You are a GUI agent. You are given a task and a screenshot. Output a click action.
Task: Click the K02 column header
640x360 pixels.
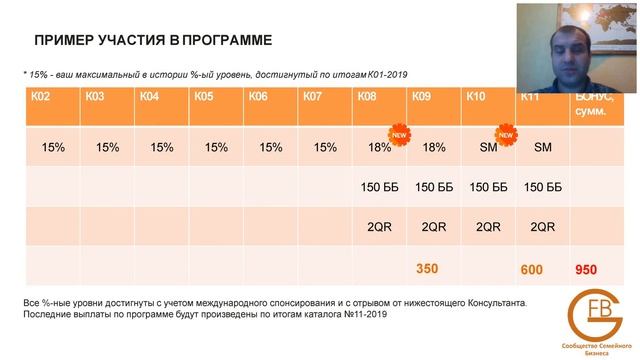tap(41, 97)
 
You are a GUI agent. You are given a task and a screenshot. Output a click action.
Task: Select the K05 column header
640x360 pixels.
tap(204, 97)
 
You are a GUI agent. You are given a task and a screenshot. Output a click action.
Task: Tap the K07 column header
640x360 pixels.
tap(311, 97)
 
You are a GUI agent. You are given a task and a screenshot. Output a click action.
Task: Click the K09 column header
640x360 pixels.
tap(421, 97)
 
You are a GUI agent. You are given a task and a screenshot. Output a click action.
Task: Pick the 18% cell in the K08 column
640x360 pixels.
tap(379, 148)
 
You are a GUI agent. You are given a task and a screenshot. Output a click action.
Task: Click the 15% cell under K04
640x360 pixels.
tap(161, 148)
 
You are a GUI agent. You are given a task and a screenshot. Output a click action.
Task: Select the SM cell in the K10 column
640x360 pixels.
tap(488, 148)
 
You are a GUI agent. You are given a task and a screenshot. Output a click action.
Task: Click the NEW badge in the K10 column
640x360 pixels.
tap(507, 131)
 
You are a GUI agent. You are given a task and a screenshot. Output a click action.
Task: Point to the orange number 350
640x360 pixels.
tap(428, 270)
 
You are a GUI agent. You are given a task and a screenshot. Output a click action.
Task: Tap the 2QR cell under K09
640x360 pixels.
tap(433, 227)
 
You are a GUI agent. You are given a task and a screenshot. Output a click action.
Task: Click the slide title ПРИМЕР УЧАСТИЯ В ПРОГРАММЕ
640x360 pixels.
tap(152, 41)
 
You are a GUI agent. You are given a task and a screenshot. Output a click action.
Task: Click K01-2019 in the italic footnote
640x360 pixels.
tap(387, 74)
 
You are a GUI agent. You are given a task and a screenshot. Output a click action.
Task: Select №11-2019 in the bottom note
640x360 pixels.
tap(361, 314)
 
